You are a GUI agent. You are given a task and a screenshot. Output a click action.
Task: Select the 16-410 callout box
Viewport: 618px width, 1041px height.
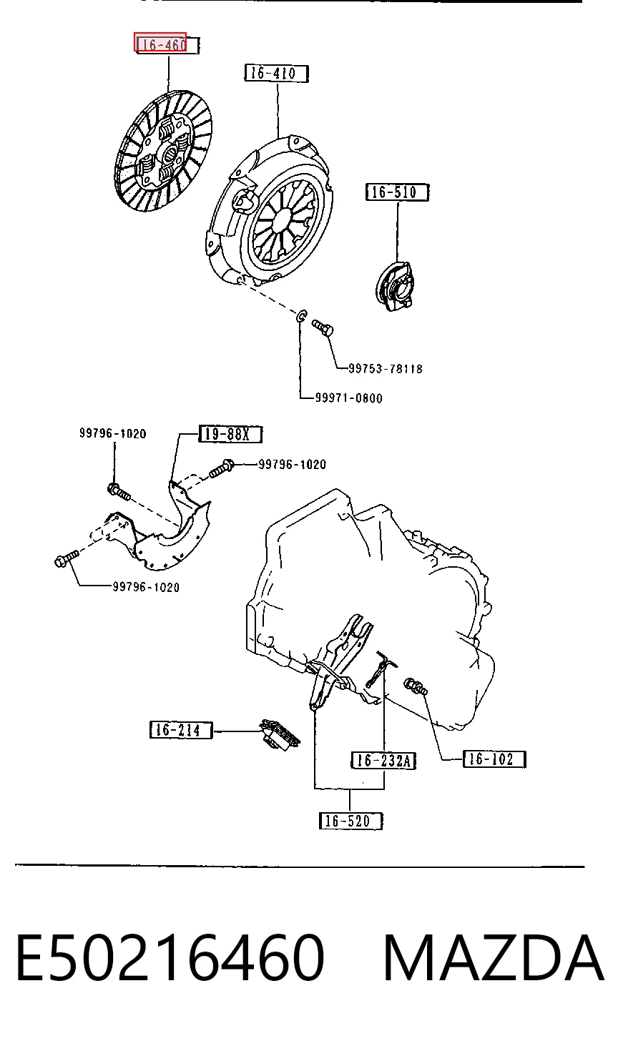pyautogui.click(x=276, y=74)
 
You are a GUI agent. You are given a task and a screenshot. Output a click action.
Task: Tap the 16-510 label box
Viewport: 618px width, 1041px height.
pyautogui.click(x=397, y=192)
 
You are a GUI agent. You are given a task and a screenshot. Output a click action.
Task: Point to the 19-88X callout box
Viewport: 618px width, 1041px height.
pyautogui.click(x=230, y=434)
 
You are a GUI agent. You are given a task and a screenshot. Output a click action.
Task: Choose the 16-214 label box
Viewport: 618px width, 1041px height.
pyautogui.click(x=181, y=729)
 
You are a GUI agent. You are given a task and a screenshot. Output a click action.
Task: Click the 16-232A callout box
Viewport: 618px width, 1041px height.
pyautogui.click(x=383, y=760)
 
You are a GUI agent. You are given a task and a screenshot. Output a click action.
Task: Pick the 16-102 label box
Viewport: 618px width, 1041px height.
pyautogui.click(x=494, y=759)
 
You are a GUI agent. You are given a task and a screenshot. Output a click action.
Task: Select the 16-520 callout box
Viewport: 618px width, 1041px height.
pyautogui.click(x=350, y=821)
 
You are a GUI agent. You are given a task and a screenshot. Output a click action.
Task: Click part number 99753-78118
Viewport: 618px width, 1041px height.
pyautogui.click(x=386, y=368)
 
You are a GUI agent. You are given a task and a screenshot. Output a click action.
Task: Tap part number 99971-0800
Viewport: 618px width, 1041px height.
pyautogui.click(x=349, y=398)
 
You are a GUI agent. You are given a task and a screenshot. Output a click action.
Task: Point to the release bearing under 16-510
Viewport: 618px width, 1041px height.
pyautogui.click(x=394, y=286)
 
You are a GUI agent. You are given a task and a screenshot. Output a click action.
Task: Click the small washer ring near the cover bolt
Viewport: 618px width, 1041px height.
pyautogui.click(x=301, y=316)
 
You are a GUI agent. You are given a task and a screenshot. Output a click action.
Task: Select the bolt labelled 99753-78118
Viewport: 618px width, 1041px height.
pyautogui.click(x=323, y=327)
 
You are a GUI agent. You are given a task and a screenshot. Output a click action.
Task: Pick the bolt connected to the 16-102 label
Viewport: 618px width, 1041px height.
pyautogui.click(x=416, y=686)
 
